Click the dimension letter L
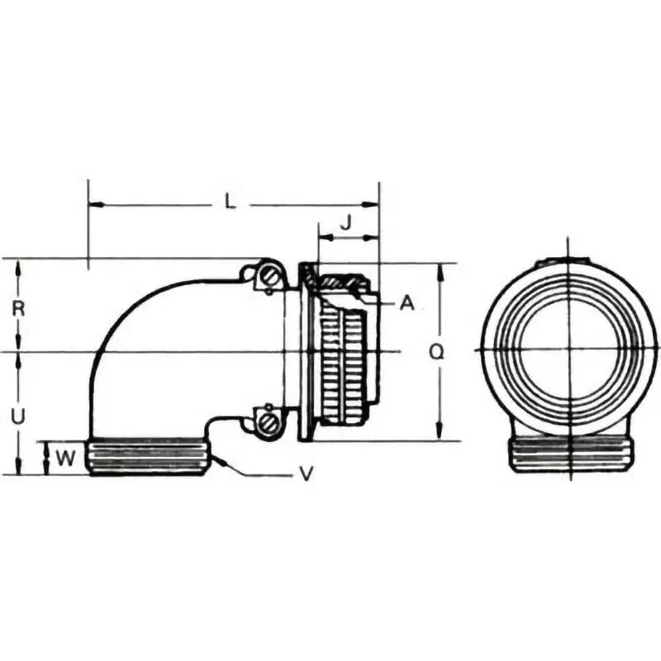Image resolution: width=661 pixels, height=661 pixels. click(231, 201)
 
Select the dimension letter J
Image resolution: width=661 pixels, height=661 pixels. click(347, 221)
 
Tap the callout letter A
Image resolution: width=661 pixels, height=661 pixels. click(406, 304)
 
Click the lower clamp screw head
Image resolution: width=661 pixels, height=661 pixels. click(269, 423)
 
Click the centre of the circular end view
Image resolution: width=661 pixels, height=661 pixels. click(570, 350)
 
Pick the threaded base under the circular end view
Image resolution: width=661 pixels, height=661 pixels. click(570, 454)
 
